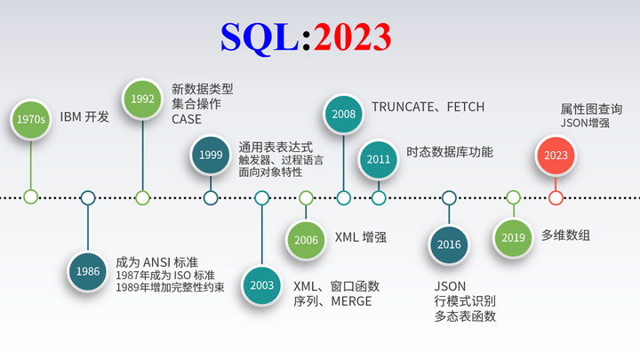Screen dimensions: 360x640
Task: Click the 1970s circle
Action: (x=31, y=119)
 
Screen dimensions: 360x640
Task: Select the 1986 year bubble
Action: (x=88, y=270)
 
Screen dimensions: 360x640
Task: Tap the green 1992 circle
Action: (x=142, y=100)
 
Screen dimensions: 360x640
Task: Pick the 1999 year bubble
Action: (x=211, y=154)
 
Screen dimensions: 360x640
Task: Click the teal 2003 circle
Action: (x=262, y=285)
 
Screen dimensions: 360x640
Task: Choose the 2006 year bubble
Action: (x=306, y=239)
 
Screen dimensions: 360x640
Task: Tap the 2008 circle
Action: (x=343, y=114)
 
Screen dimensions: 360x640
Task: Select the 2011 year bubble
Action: (x=379, y=159)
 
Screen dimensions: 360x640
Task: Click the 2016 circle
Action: (x=449, y=244)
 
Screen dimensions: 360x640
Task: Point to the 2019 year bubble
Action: (x=513, y=237)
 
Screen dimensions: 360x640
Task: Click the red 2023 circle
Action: (x=556, y=154)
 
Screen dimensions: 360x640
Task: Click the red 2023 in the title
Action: (x=352, y=36)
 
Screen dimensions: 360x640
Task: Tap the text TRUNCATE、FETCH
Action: (x=428, y=107)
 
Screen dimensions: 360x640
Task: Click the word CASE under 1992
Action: (x=187, y=119)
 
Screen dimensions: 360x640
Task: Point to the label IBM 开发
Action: (x=84, y=116)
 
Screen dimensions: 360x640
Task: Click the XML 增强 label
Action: (x=360, y=237)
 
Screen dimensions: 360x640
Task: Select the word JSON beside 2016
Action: (x=450, y=285)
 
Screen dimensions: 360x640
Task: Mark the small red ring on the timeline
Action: (x=556, y=197)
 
